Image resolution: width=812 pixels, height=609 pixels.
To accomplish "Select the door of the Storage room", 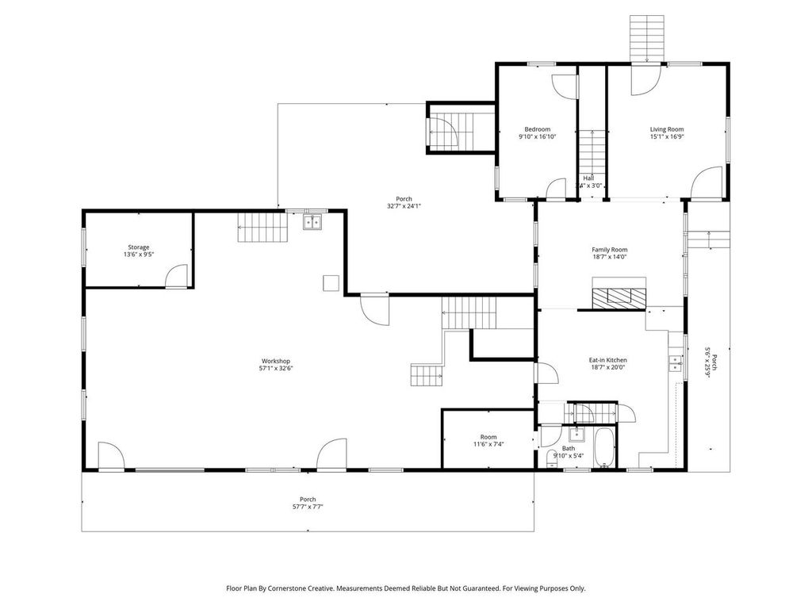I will [176, 277].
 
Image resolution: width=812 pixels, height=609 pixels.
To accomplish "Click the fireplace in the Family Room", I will [619, 297].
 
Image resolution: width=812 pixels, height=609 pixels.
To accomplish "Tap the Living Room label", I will [666, 129].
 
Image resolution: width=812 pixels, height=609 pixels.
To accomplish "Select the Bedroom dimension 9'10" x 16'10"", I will [537, 136].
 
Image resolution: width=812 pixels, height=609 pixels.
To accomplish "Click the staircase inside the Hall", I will [591, 151].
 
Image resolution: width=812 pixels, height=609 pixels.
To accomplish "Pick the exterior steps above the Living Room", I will [646, 36].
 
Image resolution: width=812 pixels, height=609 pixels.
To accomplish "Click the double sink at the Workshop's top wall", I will [312, 223].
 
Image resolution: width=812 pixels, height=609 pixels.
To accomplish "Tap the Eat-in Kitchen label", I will [609, 359].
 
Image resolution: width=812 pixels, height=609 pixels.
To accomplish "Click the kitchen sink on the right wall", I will [676, 363].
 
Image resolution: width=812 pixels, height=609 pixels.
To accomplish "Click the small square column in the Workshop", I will [331, 282].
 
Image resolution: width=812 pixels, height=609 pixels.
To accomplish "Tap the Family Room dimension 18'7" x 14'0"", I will [609, 257].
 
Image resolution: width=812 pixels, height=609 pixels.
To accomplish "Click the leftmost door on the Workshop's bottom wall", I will [110, 458].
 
